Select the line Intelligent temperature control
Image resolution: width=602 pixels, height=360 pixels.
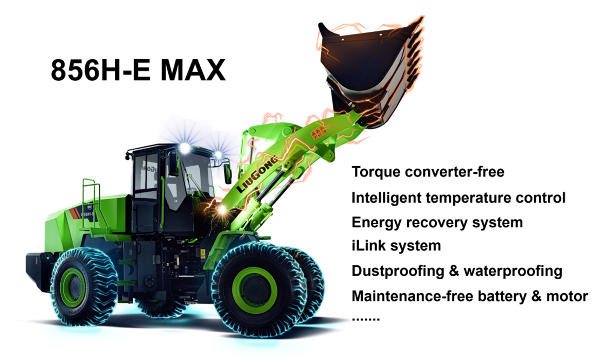(458, 197)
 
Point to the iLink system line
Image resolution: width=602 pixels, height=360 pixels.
(396, 246)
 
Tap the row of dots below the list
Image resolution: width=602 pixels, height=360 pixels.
(365, 318)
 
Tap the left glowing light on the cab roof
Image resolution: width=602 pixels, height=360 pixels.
(184, 148)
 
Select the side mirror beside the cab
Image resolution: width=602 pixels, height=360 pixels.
(227, 172)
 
